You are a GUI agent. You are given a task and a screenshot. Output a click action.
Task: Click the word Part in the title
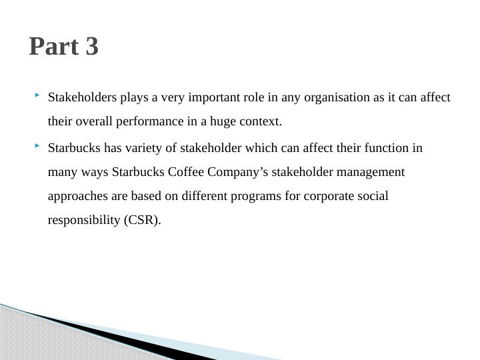pyautogui.click(x=55, y=47)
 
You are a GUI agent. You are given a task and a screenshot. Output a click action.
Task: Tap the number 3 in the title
pyautogui.click(x=92, y=47)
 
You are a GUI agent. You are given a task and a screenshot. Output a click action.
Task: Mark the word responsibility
pyautogui.click(x=84, y=221)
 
